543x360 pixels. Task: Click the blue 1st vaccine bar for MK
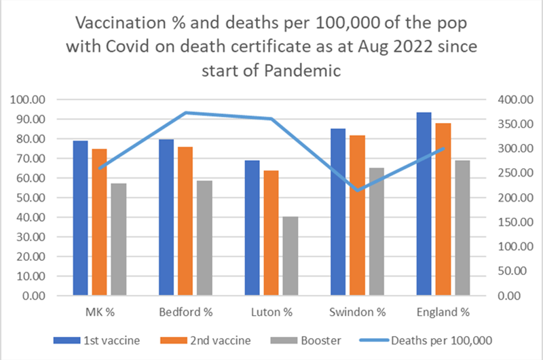pos(81,218)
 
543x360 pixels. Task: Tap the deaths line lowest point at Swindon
pos(358,191)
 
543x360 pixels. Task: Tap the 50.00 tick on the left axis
pos(30,198)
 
